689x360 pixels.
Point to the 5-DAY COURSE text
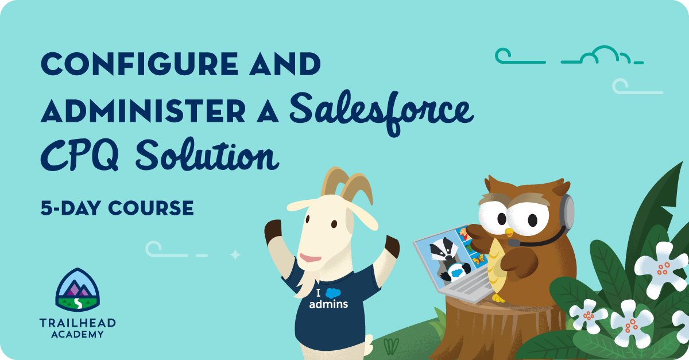click(117, 208)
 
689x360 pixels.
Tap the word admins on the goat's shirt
click(328, 304)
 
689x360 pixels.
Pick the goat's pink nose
click(311, 257)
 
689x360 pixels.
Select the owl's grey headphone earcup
click(568, 211)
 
